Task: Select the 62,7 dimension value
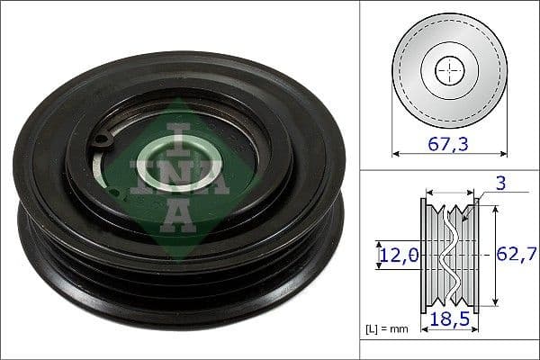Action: pos(515,256)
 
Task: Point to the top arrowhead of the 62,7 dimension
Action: pos(491,204)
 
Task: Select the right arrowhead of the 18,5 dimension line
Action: pos(474,306)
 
